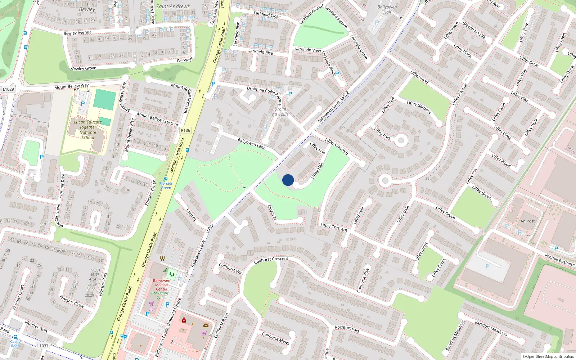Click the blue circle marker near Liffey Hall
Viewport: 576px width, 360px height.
point(288,180)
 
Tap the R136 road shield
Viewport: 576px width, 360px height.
point(185,130)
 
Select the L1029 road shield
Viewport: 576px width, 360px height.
point(8,89)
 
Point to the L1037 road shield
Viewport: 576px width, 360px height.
point(42,346)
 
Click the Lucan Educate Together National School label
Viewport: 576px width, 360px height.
point(88,130)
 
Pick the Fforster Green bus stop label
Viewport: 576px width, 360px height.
point(166,185)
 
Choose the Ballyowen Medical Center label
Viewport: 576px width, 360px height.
point(162,285)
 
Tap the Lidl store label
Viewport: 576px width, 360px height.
point(152,309)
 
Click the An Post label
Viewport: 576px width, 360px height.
point(527,221)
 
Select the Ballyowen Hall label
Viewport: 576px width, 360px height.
point(387,9)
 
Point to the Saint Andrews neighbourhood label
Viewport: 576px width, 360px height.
point(173,6)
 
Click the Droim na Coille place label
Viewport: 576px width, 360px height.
point(280,112)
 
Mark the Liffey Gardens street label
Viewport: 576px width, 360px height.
point(419,107)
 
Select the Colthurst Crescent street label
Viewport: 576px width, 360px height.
point(271,260)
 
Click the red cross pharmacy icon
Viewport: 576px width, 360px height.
point(184,320)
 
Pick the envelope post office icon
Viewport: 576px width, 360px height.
point(206,325)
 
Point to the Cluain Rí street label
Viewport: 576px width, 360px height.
point(272,212)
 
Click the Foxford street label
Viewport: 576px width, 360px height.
point(191,214)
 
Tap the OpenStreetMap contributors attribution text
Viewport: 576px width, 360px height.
point(548,356)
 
